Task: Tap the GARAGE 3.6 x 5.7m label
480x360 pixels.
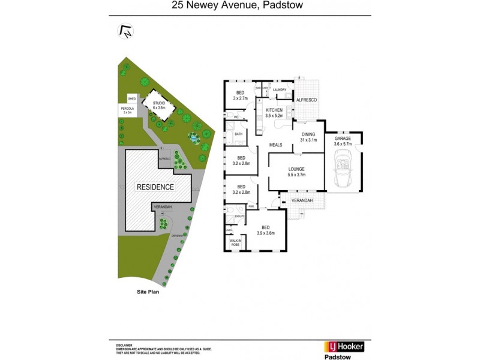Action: pos(342,142)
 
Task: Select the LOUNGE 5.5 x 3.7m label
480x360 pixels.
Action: pos(296,172)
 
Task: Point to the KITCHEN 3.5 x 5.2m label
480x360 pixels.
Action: pos(274,113)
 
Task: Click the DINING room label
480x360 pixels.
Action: pos(308,138)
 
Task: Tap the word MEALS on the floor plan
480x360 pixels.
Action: pos(276,145)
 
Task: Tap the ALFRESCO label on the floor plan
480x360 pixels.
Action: pos(307,100)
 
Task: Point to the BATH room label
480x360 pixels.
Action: pos(238,134)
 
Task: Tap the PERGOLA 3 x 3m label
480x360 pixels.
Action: pos(127,110)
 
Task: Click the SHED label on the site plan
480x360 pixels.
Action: pos(131,98)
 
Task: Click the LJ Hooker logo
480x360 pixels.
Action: pos(344,346)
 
